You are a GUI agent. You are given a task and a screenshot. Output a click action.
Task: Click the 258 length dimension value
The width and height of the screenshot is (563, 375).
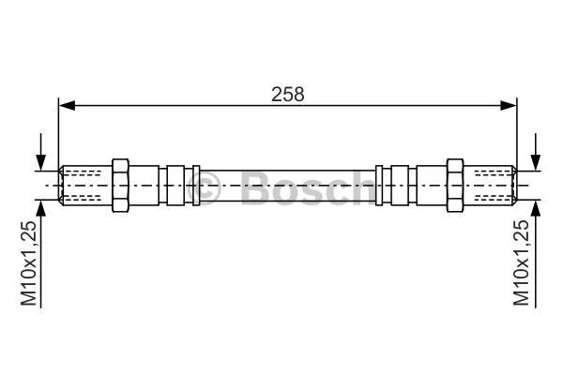tap(288, 93)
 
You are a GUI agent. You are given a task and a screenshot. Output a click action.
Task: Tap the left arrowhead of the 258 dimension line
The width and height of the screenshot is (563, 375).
tap(66, 106)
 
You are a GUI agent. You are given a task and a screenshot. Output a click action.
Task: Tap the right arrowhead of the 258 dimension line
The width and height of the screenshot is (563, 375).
tap(510, 106)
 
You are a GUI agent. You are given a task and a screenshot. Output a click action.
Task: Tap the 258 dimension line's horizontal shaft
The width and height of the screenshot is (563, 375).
tap(188, 106)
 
